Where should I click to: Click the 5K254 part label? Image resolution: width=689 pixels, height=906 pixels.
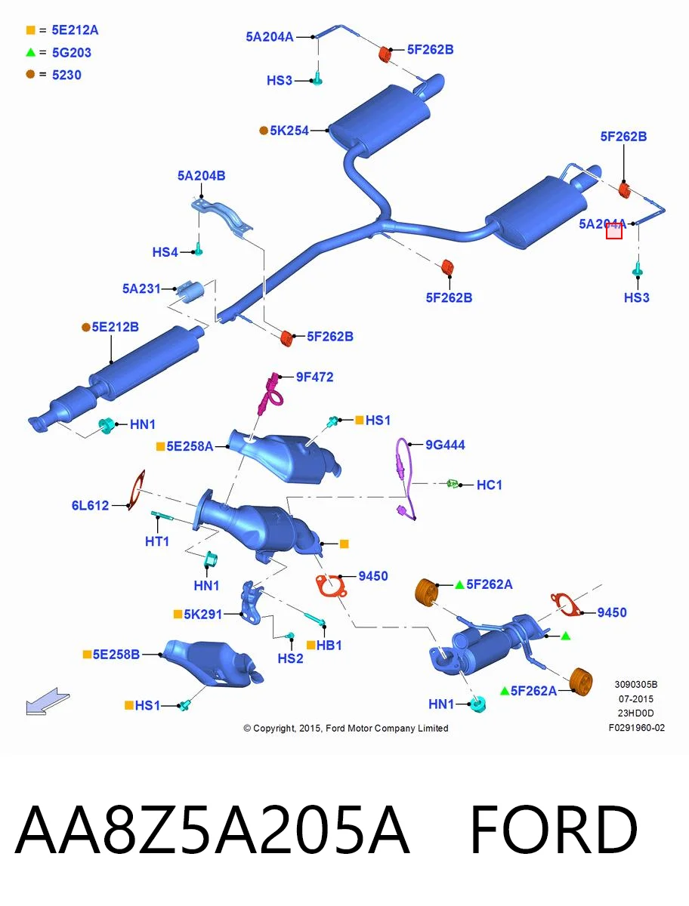point(289,131)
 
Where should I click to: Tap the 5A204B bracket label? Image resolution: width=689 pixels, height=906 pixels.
point(202,176)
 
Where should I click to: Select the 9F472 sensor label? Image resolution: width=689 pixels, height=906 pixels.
point(314,377)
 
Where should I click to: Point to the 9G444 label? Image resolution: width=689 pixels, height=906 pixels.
point(445,445)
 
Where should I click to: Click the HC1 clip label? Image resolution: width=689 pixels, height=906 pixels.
point(490,485)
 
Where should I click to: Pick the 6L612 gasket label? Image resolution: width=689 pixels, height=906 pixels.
point(90,505)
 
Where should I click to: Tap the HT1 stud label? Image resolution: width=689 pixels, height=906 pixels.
point(157,541)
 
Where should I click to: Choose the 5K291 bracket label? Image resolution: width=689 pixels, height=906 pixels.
point(202,614)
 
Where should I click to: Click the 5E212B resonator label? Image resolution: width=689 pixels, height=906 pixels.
point(115,327)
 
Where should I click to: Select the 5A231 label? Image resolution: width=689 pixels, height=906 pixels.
point(141,288)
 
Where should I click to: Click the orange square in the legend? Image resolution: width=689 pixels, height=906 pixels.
point(30,30)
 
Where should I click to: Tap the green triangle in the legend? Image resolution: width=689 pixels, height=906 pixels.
point(30,52)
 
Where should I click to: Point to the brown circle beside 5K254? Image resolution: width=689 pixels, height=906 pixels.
point(264,131)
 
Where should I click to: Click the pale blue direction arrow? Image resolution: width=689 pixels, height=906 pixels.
point(47,701)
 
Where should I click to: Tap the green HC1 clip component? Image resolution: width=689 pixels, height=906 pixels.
point(453,483)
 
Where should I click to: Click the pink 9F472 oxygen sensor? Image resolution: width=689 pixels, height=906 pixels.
point(271,393)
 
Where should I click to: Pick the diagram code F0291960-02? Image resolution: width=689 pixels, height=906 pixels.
point(637,728)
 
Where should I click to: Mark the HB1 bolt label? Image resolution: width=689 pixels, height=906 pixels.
point(329,645)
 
